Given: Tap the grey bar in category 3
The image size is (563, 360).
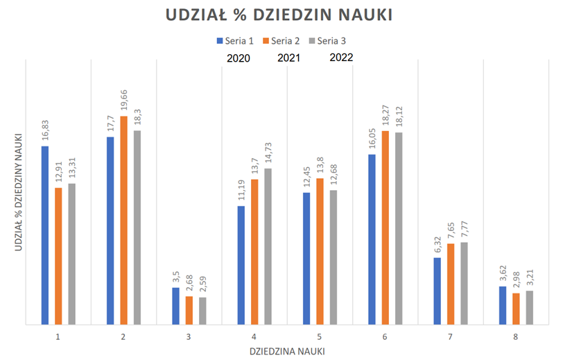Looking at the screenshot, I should click(202, 310).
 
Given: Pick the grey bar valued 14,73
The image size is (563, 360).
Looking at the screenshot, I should click(268, 246).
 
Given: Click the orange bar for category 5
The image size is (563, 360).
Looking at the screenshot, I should click(320, 250).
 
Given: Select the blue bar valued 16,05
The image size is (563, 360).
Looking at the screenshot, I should click(372, 239).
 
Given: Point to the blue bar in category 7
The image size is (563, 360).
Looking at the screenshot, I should click(438, 291).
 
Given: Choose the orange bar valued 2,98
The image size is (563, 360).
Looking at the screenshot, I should click(516, 308).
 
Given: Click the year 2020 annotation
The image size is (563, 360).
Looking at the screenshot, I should click(240, 58).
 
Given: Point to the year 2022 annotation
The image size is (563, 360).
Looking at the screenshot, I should click(340, 58).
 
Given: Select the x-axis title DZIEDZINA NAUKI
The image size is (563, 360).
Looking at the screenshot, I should click(287, 351).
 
